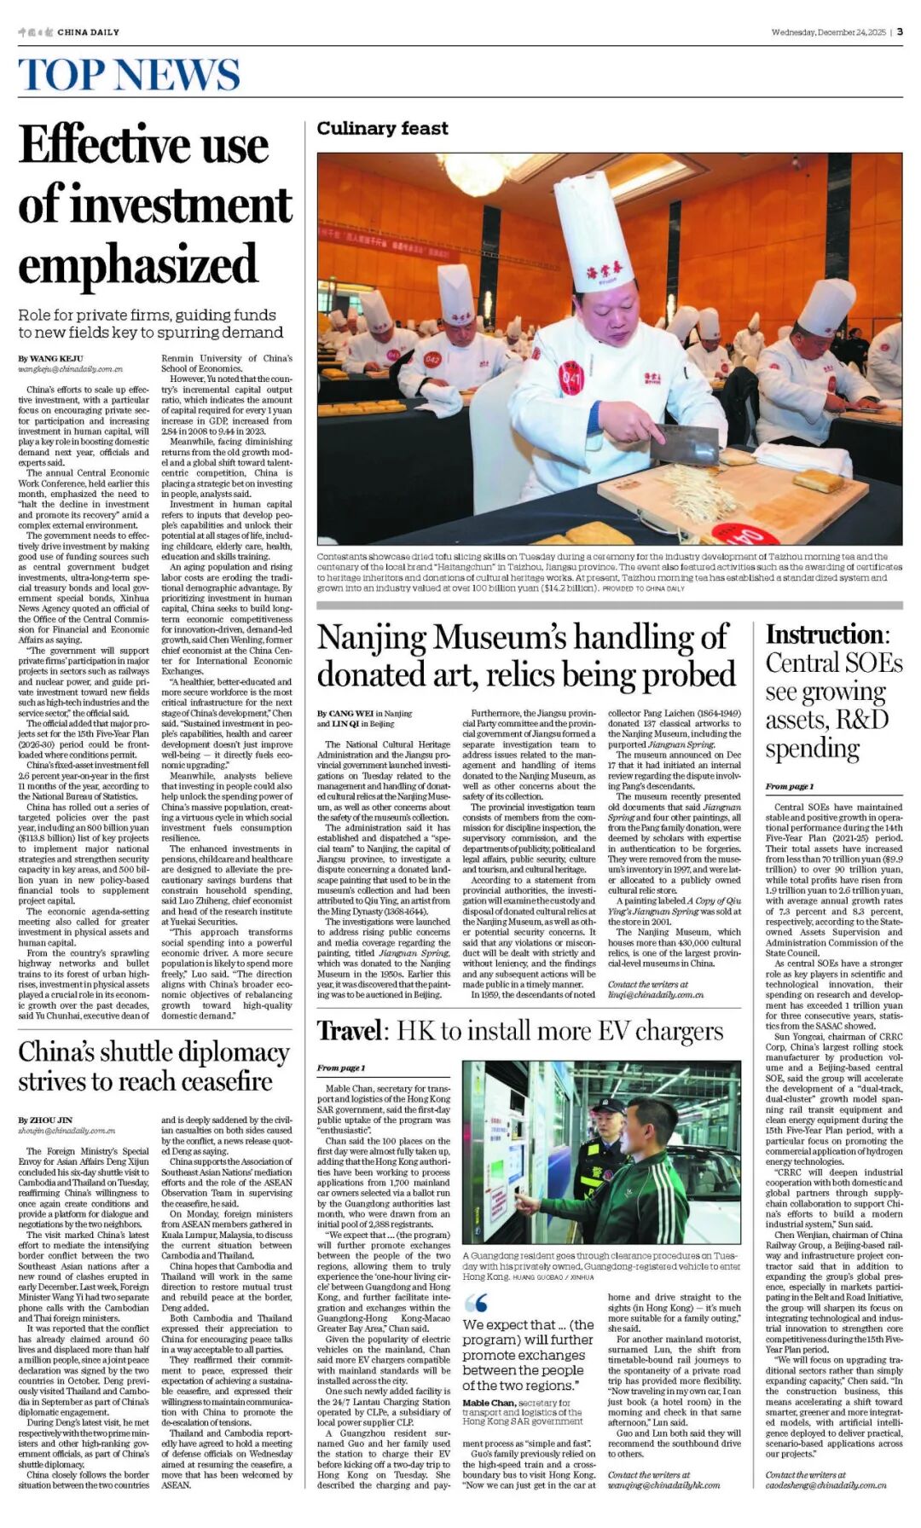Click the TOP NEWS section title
[x=129, y=75]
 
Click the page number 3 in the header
[x=900, y=32]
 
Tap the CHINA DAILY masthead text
[x=88, y=32]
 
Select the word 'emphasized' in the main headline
[x=137, y=263]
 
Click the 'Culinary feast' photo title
[x=382, y=129]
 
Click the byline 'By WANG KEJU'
[x=51, y=358]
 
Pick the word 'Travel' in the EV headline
[x=350, y=1031]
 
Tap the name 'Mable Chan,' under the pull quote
[x=489, y=1403]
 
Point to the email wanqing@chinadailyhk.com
[x=663, y=1485]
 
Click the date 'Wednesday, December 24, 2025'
[x=828, y=32]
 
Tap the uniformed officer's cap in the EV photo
[x=609, y=1106]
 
